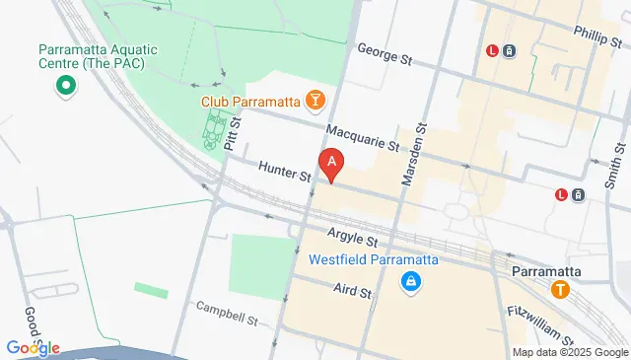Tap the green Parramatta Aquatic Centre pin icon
click(x=65, y=86)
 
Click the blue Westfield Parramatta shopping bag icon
click(x=408, y=283)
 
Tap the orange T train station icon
click(x=561, y=290)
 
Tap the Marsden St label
click(x=413, y=157)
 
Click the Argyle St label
click(x=352, y=240)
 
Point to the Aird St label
click(x=352, y=292)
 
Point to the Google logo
click(x=33, y=347)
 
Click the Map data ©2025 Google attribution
click(x=570, y=352)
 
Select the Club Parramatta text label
click(x=250, y=100)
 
